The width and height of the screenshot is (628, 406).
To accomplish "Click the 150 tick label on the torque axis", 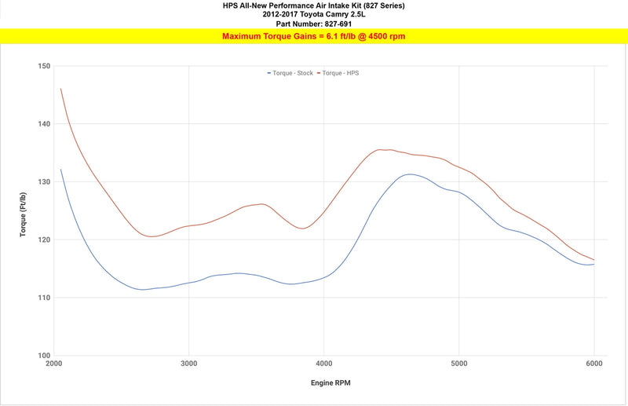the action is point(45,66).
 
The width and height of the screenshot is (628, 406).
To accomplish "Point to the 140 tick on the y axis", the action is point(45,124).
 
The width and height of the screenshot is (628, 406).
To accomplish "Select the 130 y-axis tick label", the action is point(45,182).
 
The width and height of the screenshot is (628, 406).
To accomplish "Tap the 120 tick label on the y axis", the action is point(45,240).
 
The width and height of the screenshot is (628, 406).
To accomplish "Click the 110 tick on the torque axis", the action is point(45,298).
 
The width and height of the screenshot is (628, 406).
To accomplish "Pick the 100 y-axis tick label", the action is point(45,356).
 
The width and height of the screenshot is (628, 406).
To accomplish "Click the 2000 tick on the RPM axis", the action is point(54,364).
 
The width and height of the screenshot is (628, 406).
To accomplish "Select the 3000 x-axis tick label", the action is point(189,364).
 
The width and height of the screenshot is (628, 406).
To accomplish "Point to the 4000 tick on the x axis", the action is point(324,364).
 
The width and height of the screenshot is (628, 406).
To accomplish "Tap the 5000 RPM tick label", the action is point(459,364).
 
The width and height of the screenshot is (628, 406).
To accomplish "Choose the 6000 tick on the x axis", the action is point(594,364).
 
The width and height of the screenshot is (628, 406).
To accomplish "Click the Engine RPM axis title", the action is point(330,382).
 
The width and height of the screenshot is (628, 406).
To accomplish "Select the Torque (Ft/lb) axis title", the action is point(23,214).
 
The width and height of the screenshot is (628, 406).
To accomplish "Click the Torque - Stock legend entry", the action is point(290,73).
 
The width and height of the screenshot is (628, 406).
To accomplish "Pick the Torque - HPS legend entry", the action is point(338,73).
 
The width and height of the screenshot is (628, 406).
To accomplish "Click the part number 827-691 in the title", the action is point(338,24).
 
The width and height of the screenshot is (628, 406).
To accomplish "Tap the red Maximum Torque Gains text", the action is point(313,36).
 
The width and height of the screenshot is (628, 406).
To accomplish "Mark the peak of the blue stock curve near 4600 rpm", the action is point(409,174).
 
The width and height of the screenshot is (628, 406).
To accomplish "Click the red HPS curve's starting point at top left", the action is point(61,89).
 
